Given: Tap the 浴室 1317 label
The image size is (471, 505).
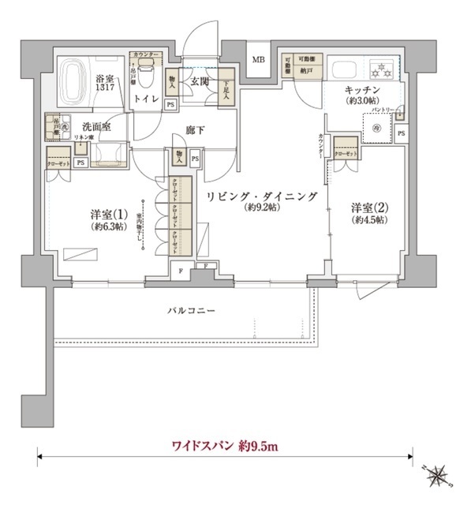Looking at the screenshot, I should [x=105, y=84].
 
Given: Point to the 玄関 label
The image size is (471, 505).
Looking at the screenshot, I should [x=197, y=80].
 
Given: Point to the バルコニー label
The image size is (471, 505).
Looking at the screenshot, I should [x=190, y=311].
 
